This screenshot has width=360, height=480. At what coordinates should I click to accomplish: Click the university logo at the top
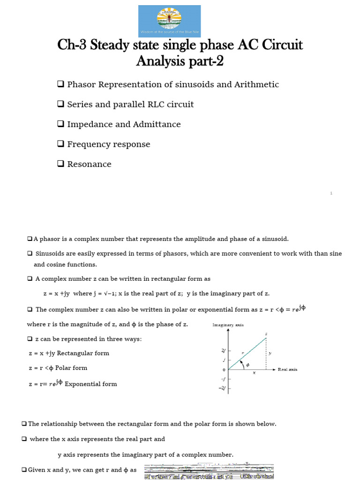(170, 21)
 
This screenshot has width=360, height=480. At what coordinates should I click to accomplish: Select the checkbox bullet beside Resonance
(60, 164)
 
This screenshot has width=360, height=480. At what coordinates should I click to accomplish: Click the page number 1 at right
(331, 193)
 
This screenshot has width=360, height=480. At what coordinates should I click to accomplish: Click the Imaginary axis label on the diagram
(228, 325)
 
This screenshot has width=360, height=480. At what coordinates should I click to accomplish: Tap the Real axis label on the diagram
(287, 369)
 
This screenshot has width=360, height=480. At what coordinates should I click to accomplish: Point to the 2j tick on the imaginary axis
(223, 351)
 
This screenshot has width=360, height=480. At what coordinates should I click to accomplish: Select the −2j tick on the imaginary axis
(223, 388)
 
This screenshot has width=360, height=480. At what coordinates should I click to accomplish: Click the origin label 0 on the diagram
(224, 370)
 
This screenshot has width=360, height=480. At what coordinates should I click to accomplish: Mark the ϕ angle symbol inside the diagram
(248, 365)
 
